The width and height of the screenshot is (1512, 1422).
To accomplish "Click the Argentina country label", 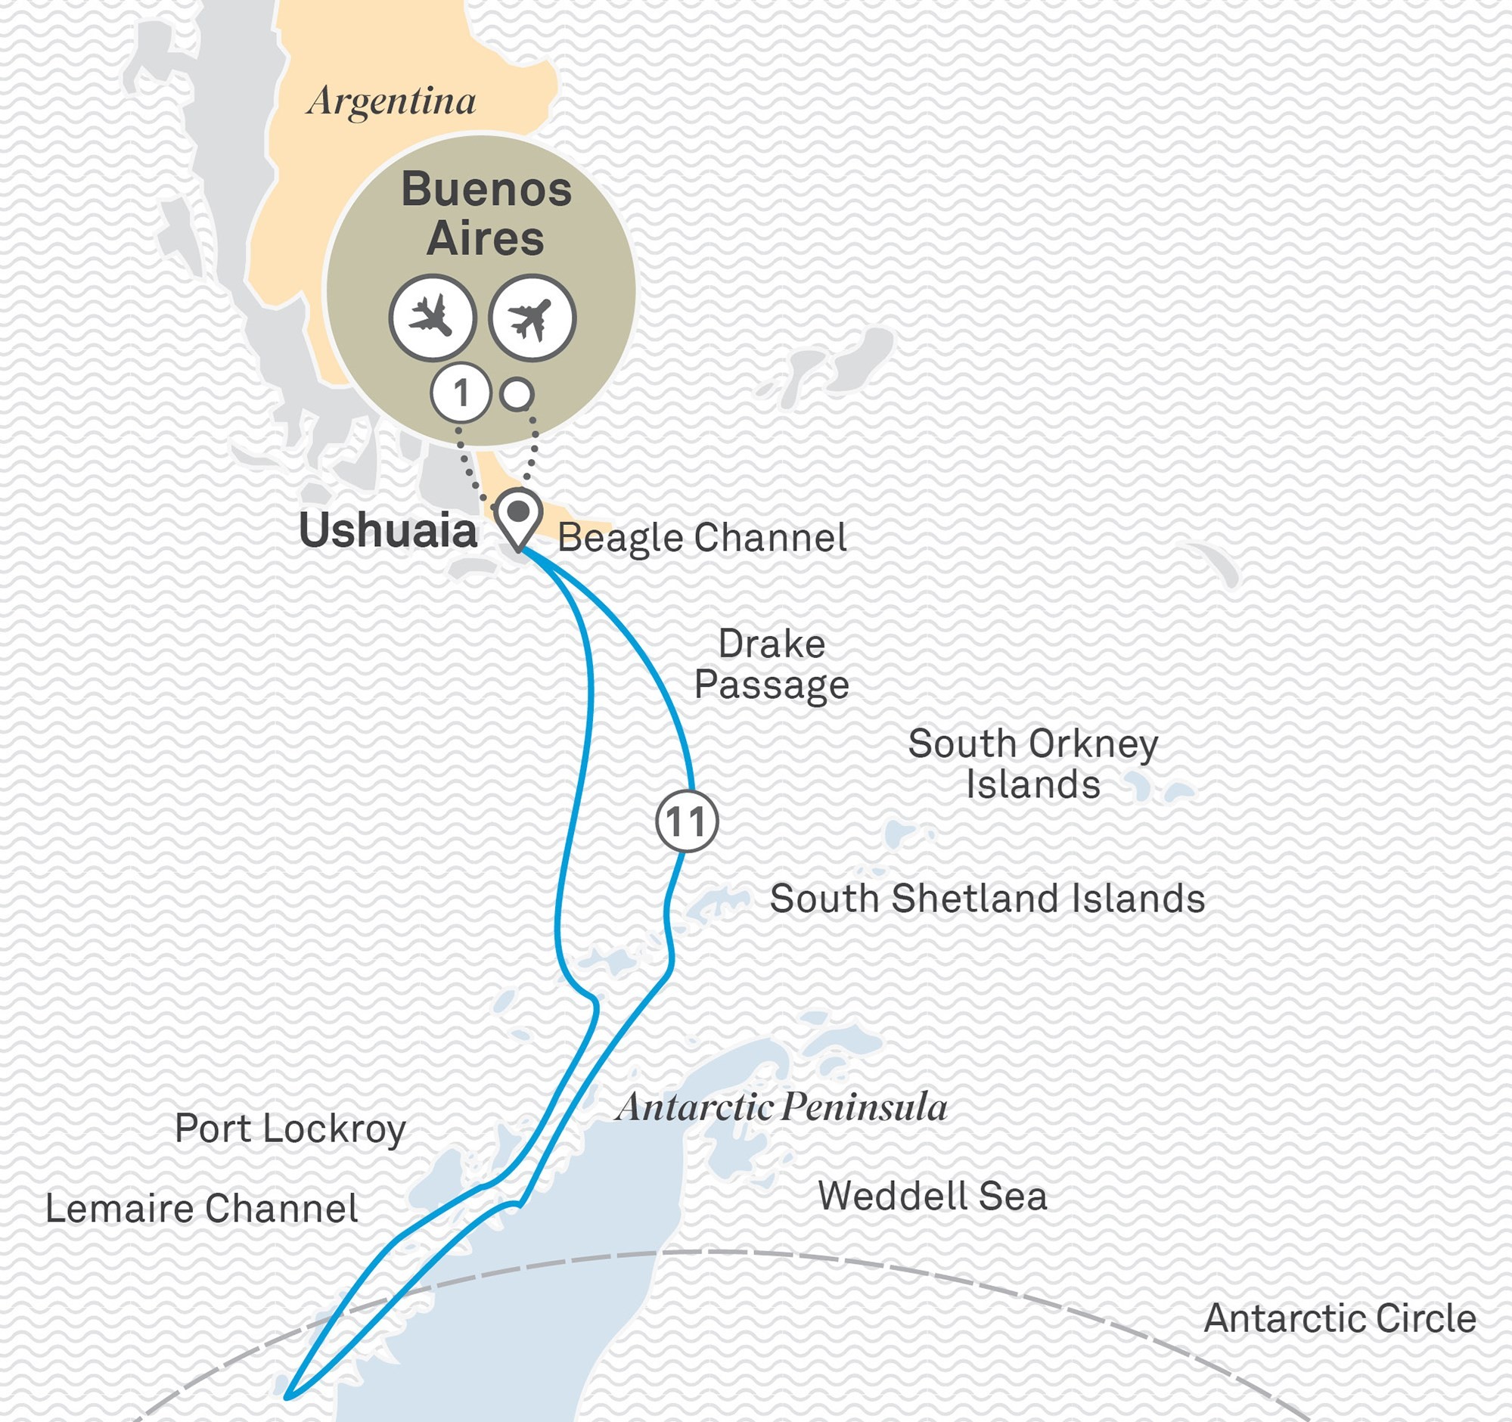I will coord(392,101).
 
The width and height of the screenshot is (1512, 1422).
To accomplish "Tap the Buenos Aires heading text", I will coord(486,214).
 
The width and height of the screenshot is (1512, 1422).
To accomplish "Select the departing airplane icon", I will coord(532,317).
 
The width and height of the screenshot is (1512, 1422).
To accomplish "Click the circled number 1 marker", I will coord(460,394).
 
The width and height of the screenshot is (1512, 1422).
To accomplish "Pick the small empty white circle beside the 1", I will coord(517,395).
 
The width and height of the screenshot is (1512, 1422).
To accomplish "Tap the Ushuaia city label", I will coord(388,530).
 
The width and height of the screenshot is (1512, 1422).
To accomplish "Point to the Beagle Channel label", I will coord(702,538).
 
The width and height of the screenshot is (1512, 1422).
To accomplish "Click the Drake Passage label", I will coord(772,664).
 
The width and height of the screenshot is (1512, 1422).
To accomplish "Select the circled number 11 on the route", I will coord(686,821).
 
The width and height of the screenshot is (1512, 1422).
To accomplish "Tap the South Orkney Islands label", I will coord(1033,763).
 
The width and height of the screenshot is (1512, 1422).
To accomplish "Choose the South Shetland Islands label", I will coord(987,898).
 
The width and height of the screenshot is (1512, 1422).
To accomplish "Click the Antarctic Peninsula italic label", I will coord(782,1107).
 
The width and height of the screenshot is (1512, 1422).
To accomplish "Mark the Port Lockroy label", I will coord(290,1129).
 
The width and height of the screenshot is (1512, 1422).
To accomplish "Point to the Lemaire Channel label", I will coord(201,1208).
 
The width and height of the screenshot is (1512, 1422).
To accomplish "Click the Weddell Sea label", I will coord(933,1195).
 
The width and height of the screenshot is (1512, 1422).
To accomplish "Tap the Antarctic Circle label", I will coord(1340,1318).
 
